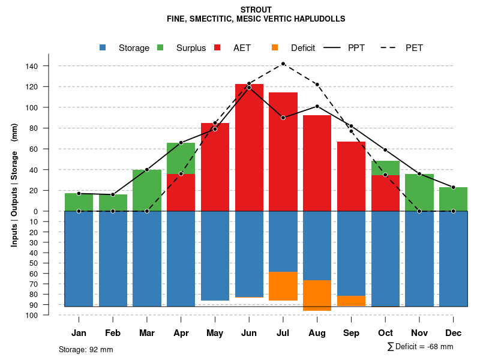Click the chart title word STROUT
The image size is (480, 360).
coord(256,10)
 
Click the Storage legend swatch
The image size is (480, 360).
coord(103,47)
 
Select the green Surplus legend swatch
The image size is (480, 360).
coord(160,47)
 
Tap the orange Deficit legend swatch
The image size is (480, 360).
coord(275,47)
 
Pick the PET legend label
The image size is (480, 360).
coord(414,48)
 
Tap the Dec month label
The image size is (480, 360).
coord(454,333)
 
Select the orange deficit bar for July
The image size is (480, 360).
coord(283,286)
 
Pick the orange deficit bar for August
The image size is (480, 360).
coord(317,295)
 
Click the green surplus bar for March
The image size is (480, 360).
coord(147,190)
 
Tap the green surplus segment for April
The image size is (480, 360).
coord(181,158)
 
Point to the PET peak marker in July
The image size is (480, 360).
coord(283,64)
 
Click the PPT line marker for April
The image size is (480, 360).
coord(181,142)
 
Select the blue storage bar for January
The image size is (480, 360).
coord(79,259)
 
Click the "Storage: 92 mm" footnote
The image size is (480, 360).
coord(86,349)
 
